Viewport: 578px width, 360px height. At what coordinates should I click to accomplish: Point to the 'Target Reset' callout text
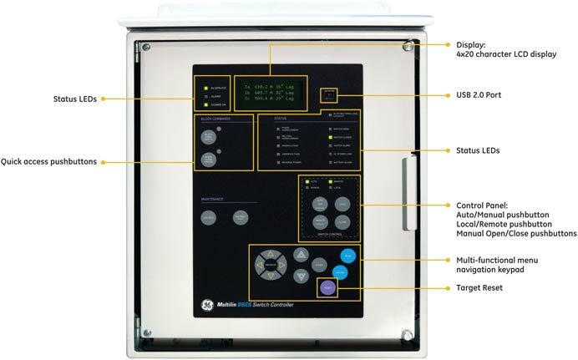484,287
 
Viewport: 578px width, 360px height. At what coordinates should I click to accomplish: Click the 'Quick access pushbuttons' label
48,161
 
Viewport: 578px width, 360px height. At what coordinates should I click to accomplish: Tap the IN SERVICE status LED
205,87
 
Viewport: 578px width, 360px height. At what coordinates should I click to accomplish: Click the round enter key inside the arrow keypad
271,266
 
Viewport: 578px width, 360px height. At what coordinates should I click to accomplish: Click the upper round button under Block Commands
208,138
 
